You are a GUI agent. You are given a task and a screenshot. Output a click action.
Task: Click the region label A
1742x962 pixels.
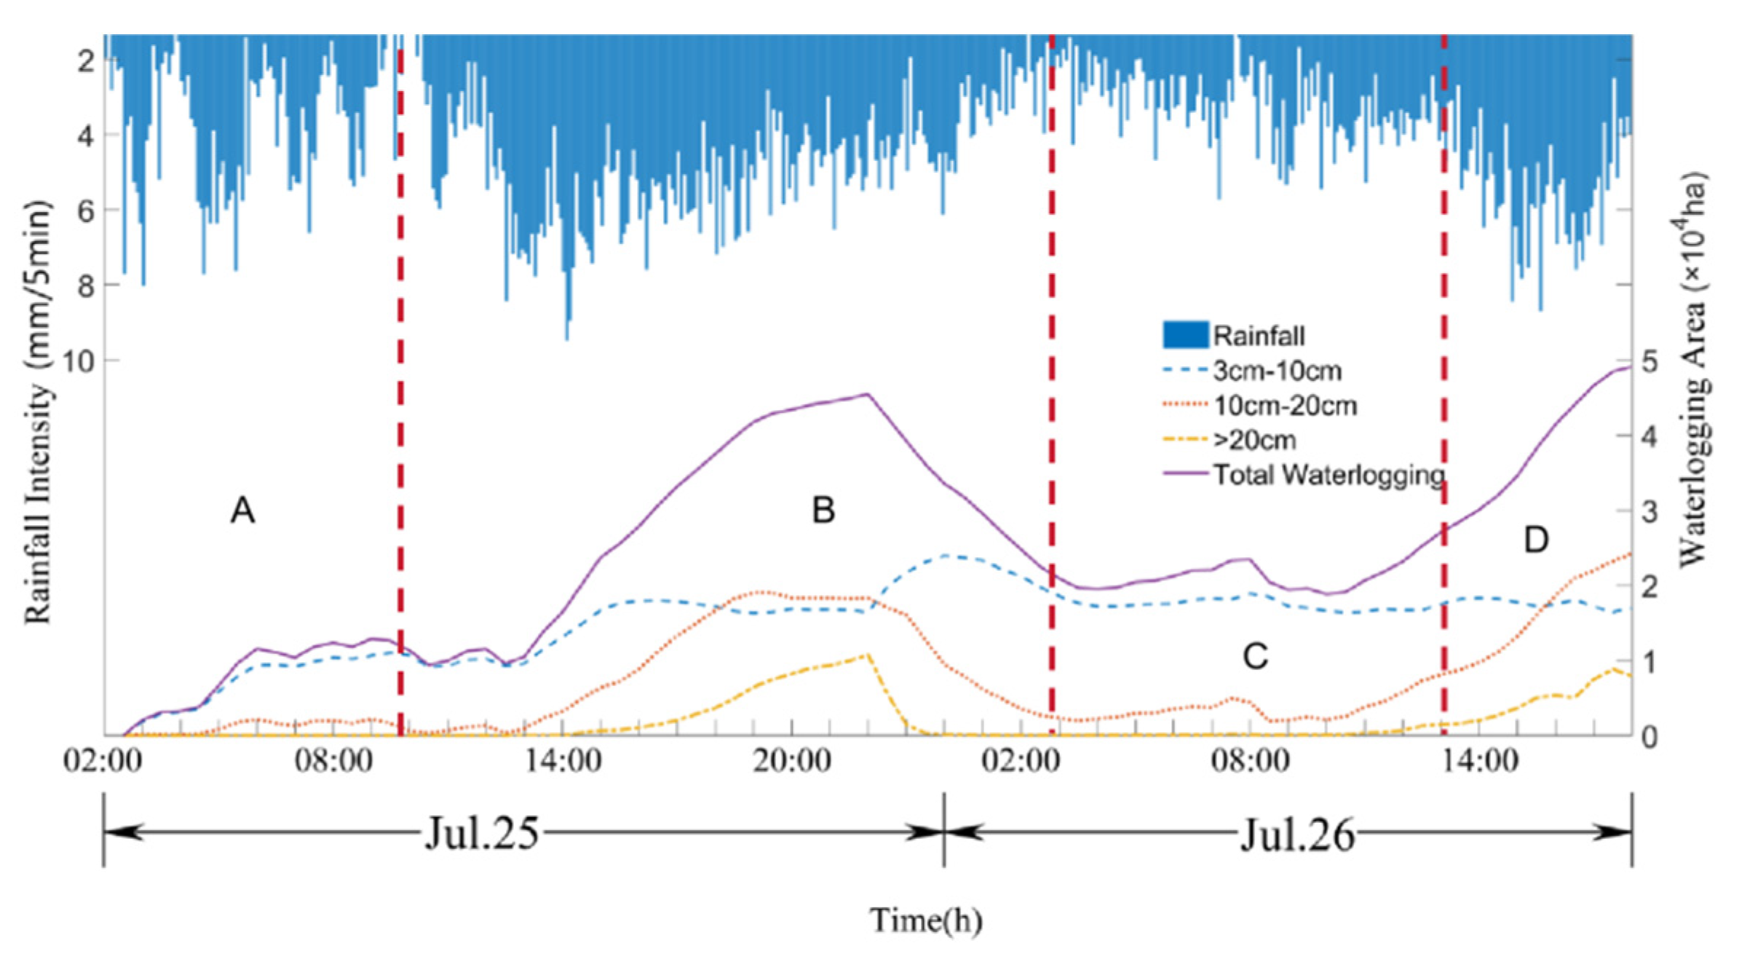click(242, 510)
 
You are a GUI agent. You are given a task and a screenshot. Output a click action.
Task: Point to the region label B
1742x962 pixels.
click(823, 510)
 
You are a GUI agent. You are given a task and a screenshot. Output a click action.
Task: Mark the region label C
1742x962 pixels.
click(1255, 656)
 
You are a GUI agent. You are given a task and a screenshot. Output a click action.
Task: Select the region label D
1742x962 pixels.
click(1536, 540)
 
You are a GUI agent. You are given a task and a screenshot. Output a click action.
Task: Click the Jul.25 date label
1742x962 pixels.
click(482, 832)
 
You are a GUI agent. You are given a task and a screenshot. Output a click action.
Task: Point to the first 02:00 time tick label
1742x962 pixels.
click(103, 762)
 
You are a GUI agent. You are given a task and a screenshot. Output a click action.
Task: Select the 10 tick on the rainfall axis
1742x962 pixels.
click(78, 361)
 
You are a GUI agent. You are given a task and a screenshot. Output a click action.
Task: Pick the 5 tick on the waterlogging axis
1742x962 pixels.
click(1649, 362)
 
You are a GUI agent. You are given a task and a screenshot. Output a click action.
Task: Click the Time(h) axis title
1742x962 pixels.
click(925, 920)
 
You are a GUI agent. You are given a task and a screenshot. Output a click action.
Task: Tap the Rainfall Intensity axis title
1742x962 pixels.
click(38, 411)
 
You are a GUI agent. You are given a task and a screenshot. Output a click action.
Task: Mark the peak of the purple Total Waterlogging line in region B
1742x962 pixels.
click(867, 394)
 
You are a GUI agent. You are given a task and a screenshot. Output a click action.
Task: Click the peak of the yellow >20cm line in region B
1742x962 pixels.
click(867, 655)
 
